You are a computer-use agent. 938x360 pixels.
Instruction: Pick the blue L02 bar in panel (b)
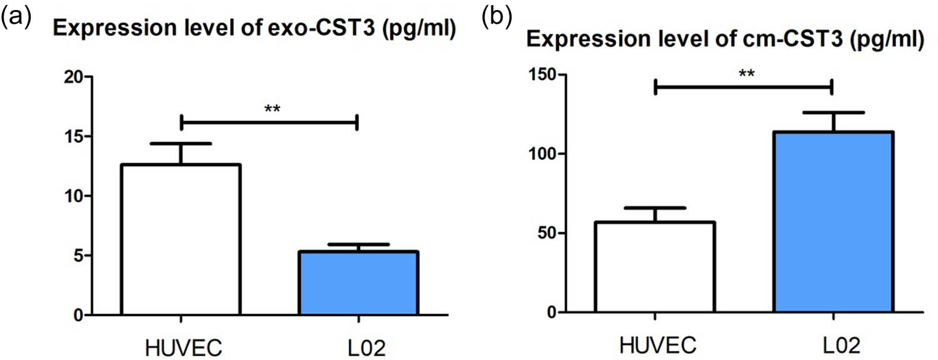[x=832, y=222]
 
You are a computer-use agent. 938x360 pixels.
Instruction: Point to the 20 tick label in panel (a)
[x=74, y=77]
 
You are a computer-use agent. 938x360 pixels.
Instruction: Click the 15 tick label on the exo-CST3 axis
[x=74, y=137]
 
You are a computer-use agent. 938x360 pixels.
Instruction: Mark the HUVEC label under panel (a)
[x=181, y=346]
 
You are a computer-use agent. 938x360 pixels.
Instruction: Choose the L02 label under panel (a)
[x=358, y=346]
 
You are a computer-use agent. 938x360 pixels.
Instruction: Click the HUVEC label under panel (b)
[x=655, y=345]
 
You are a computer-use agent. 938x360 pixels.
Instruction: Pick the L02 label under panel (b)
[x=832, y=345]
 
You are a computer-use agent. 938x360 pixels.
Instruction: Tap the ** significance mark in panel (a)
[x=272, y=110]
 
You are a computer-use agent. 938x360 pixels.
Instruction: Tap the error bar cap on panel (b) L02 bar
[x=832, y=112]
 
